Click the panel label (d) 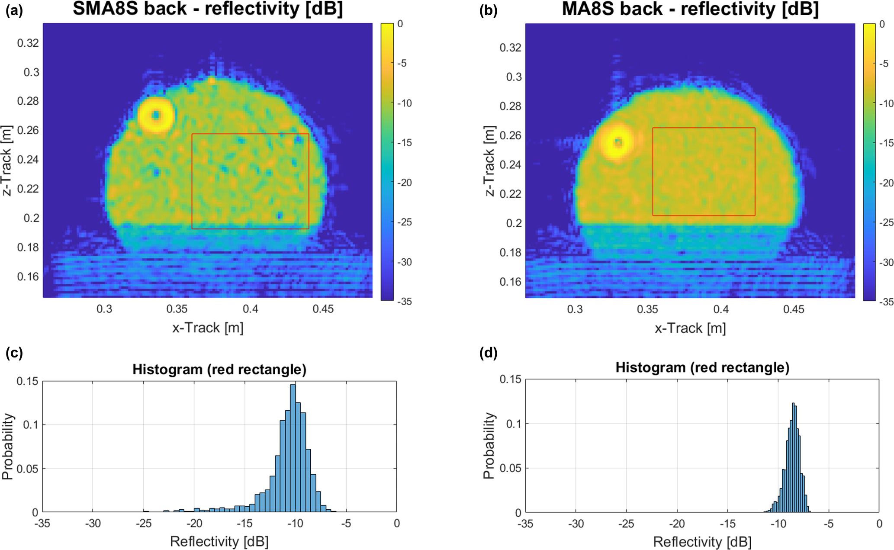click(489, 353)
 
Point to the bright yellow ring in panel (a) click(156, 115)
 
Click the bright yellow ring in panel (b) click(618, 142)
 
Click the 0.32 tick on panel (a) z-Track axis click(28, 43)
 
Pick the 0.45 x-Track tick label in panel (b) click(794, 309)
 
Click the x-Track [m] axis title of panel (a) click(208, 328)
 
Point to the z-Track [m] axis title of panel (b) click(489, 161)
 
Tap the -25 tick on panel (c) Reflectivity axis click(143, 524)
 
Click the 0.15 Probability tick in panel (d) click(510, 379)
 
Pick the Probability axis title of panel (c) click(7, 447)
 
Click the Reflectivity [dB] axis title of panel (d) click(702, 542)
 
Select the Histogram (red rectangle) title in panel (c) click(219, 370)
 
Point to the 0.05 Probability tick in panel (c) click(27, 469)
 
